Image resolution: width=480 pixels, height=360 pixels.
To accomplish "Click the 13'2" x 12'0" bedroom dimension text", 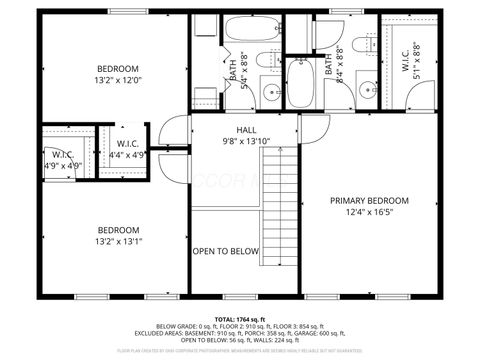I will click(x=119, y=80).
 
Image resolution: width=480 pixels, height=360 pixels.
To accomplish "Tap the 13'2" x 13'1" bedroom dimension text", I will click(x=119, y=240).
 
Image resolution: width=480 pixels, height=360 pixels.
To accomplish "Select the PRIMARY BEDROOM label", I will click(x=369, y=199).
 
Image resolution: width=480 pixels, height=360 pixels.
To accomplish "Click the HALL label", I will click(x=245, y=130).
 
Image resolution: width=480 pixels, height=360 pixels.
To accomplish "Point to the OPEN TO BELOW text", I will click(x=226, y=251).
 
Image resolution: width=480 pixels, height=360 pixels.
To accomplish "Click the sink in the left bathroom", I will click(x=272, y=94).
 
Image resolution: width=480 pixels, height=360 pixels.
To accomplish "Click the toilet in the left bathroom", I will click(x=270, y=61).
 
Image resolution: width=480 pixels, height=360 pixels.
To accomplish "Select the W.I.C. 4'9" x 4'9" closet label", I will click(x=59, y=160).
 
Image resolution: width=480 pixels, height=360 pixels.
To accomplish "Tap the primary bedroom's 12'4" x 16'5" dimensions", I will click(x=369, y=211).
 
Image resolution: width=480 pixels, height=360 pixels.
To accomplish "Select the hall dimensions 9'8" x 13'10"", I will click(x=245, y=142).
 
